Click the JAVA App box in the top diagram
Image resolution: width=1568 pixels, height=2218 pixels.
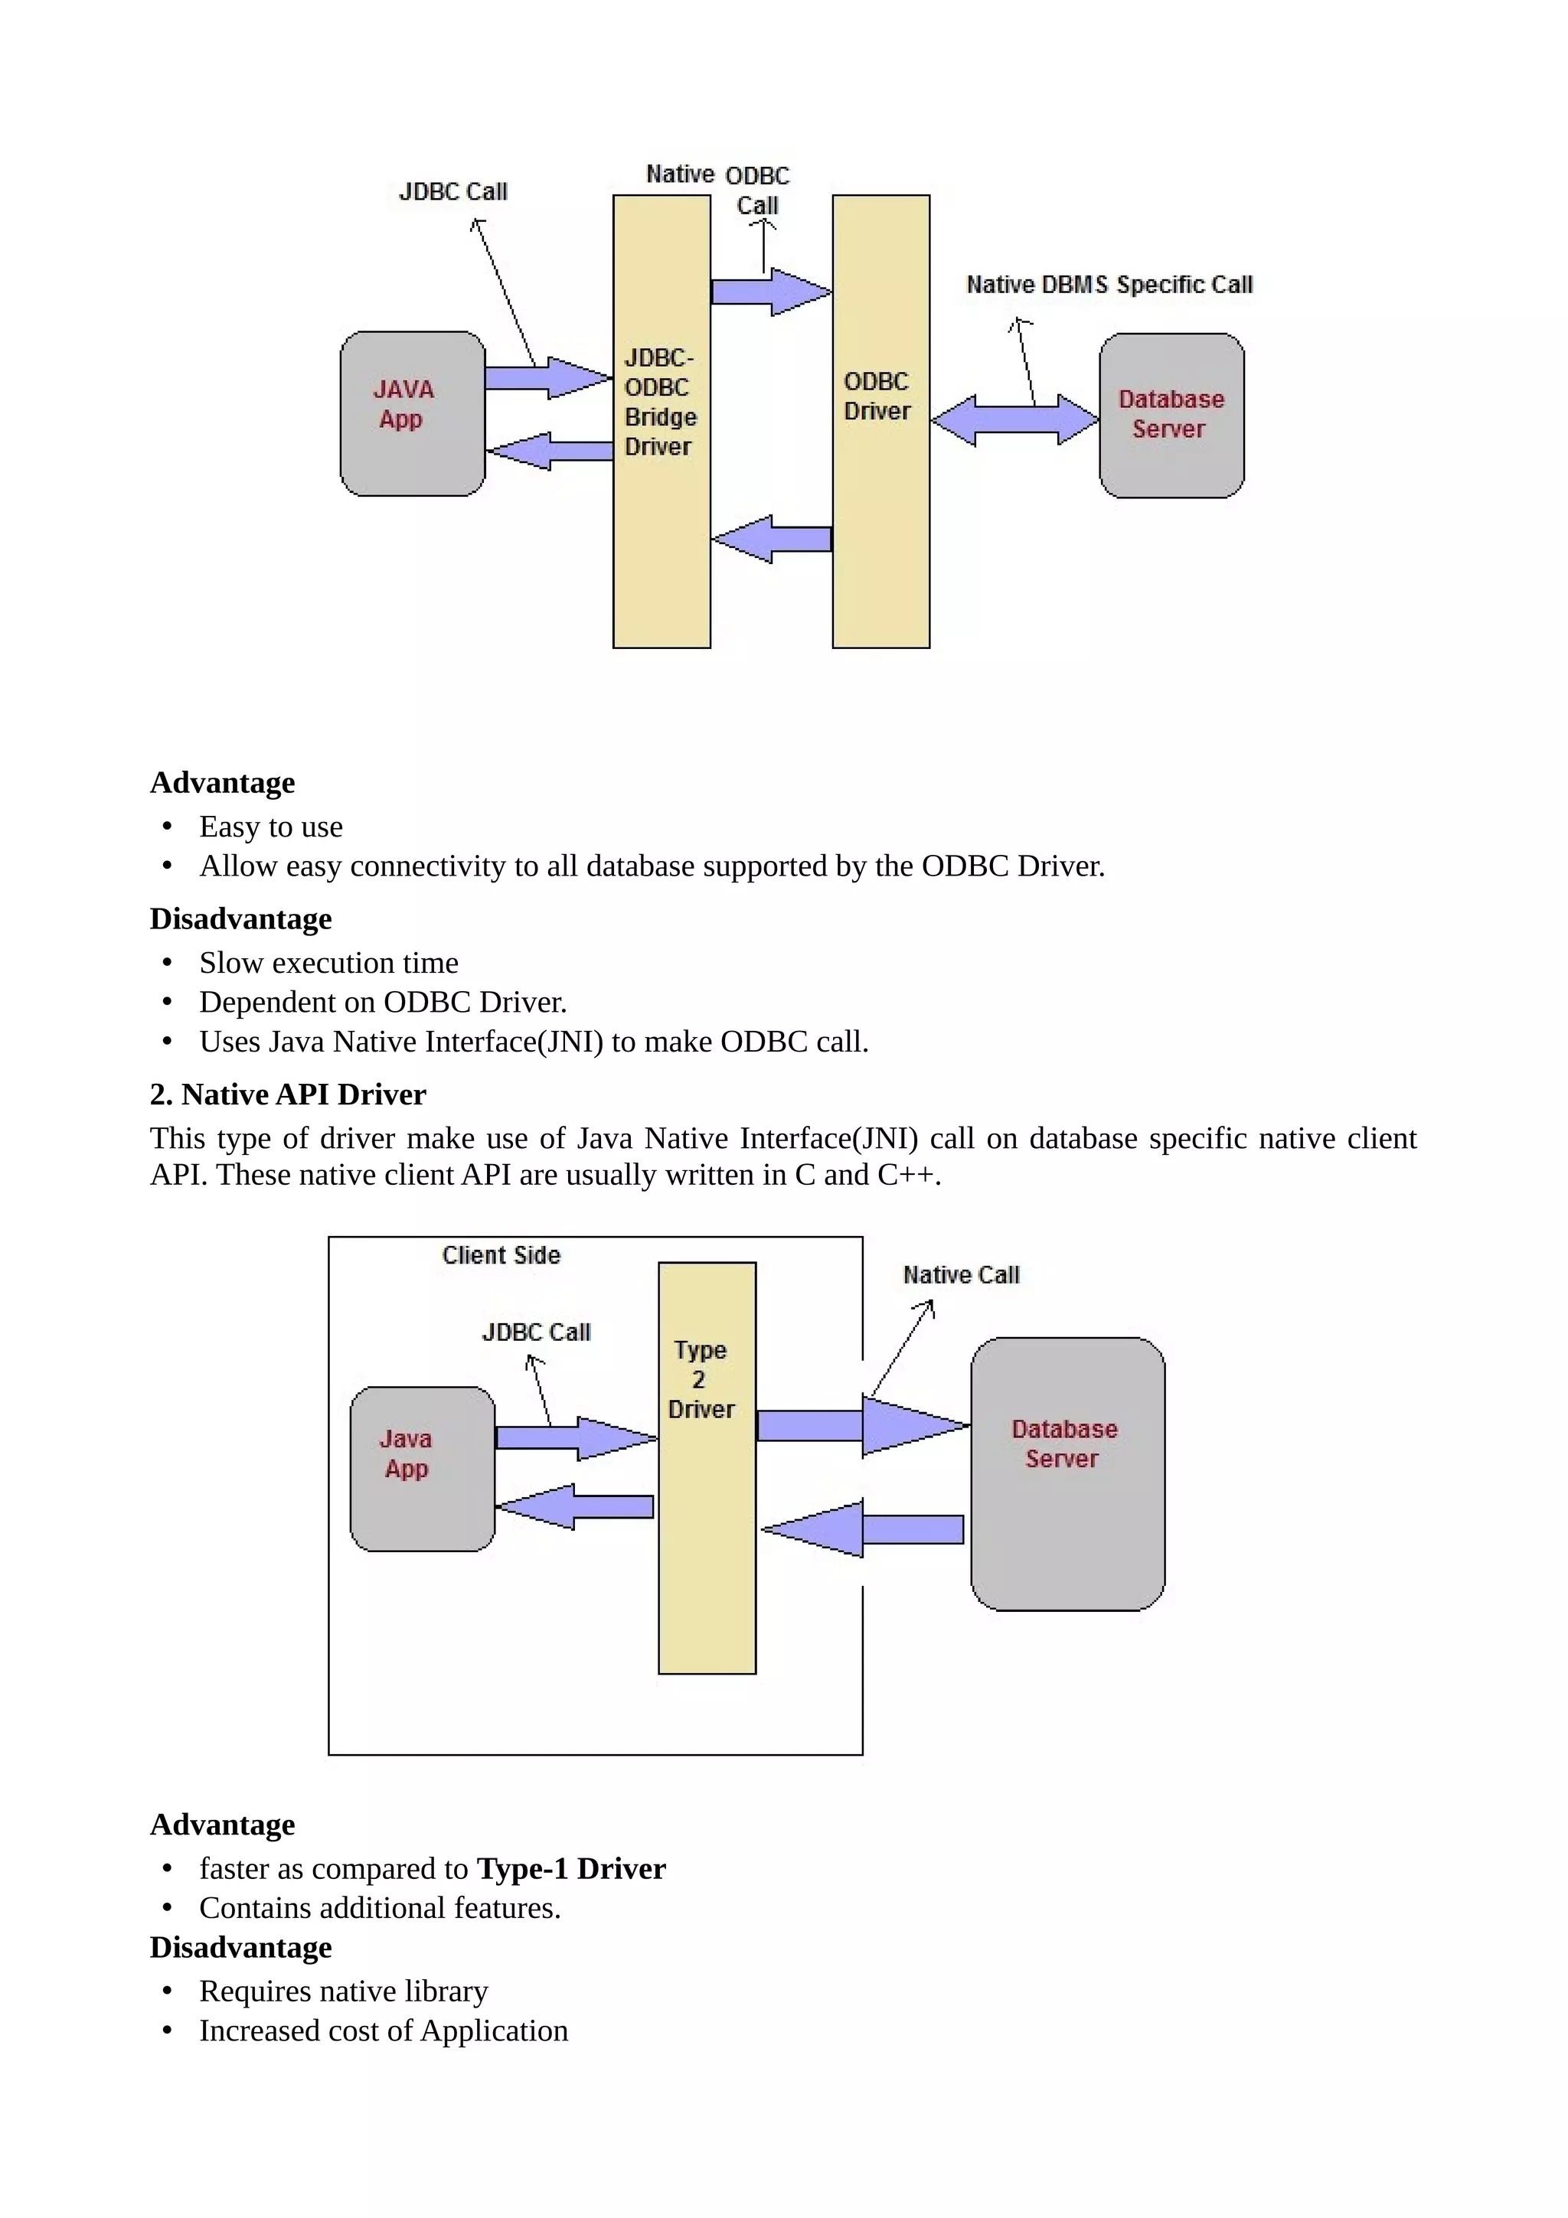(x=413, y=413)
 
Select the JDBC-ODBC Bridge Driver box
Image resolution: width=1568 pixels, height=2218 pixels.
(x=661, y=421)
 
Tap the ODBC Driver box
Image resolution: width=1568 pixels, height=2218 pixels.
(x=880, y=421)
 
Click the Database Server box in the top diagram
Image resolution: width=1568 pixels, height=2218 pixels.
(x=1171, y=416)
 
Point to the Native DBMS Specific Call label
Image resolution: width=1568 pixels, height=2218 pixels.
(x=1109, y=285)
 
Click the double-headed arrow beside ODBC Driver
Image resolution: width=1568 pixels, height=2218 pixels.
(x=1014, y=420)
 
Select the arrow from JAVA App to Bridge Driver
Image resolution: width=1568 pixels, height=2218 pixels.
(x=547, y=377)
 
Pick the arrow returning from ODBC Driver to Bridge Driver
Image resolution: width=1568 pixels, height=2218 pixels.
(x=771, y=539)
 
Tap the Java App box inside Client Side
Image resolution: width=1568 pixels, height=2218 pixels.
(x=422, y=1469)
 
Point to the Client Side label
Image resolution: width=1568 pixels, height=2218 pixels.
(x=501, y=1255)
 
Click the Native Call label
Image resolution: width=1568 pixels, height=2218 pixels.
(x=962, y=1275)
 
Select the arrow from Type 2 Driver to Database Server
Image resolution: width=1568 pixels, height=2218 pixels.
(x=862, y=1425)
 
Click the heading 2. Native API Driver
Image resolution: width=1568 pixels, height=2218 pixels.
(x=288, y=1094)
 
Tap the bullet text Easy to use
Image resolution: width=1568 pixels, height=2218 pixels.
(x=270, y=827)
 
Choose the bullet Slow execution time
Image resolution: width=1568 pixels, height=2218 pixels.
(x=328, y=963)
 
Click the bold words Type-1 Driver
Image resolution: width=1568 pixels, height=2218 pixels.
(x=571, y=1868)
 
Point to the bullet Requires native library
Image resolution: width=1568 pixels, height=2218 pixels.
(x=343, y=1991)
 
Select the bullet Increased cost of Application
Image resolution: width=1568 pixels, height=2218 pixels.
(x=384, y=2030)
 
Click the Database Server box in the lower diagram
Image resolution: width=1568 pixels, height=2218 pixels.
(x=1067, y=1473)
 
